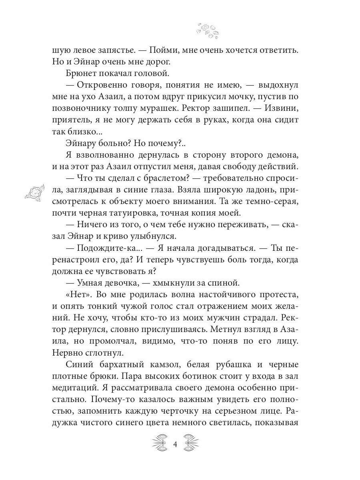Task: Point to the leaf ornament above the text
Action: (206, 31)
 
